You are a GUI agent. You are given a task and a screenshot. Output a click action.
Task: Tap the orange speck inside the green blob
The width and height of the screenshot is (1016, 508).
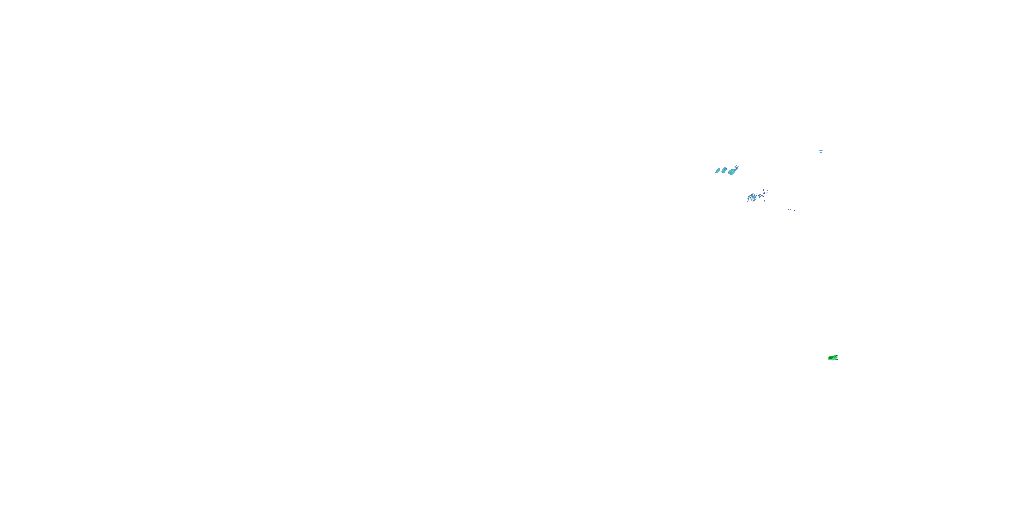pyautogui.click(x=836, y=356)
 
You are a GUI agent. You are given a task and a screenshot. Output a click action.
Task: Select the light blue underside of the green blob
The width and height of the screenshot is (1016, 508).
pyautogui.click(x=834, y=359)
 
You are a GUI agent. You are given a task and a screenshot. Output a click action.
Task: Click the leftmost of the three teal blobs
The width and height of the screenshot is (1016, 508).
pyautogui.click(x=718, y=170)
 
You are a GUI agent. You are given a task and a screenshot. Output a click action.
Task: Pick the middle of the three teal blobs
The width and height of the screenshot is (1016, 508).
pyautogui.click(x=724, y=170)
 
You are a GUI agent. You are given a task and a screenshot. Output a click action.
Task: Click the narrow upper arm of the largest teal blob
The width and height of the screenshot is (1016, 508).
pyautogui.click(x=737, y=168)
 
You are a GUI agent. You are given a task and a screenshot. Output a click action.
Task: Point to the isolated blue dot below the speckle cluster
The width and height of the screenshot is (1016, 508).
pyautogui.click(x=765, y=201)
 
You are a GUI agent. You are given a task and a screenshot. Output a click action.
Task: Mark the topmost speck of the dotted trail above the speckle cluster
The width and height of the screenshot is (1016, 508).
pyautogui.click(x=764, y=188)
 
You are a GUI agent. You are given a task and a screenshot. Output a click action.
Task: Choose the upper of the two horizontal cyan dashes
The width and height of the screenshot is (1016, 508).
pyautogui.click(x=821, y=151)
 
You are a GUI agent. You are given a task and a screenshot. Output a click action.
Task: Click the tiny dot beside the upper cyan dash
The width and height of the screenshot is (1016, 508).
pyautogui.click(x=824, y=151)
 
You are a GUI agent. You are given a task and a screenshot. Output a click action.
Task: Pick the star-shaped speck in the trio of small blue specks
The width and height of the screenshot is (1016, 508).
pyautogui.click(x=788, y=210)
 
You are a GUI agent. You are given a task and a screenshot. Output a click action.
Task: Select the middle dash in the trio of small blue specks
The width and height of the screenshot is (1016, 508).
pyautogui.click(x=791, y=209)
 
